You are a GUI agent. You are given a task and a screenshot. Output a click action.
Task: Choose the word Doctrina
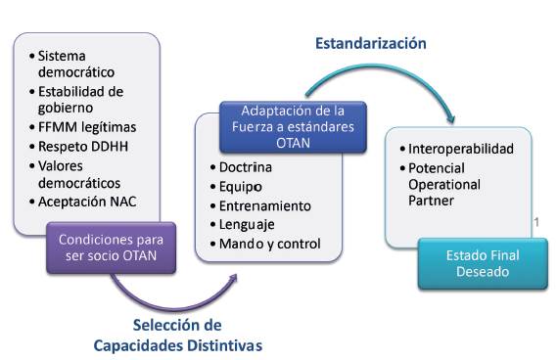tap(246, 167)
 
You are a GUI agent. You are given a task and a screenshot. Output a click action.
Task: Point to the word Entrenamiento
tap(264, 205)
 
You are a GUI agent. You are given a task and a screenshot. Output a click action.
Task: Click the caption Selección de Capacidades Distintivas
tap(178, 335)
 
